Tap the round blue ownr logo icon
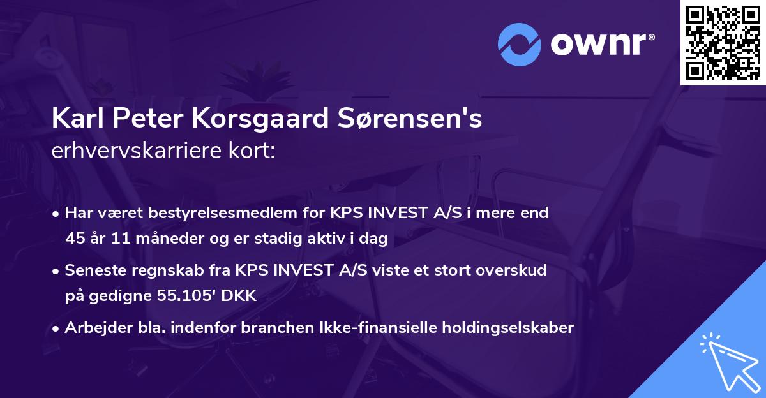pos(520,44)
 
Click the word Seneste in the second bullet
pos(91,270)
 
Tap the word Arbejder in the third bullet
pos(95,328)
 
